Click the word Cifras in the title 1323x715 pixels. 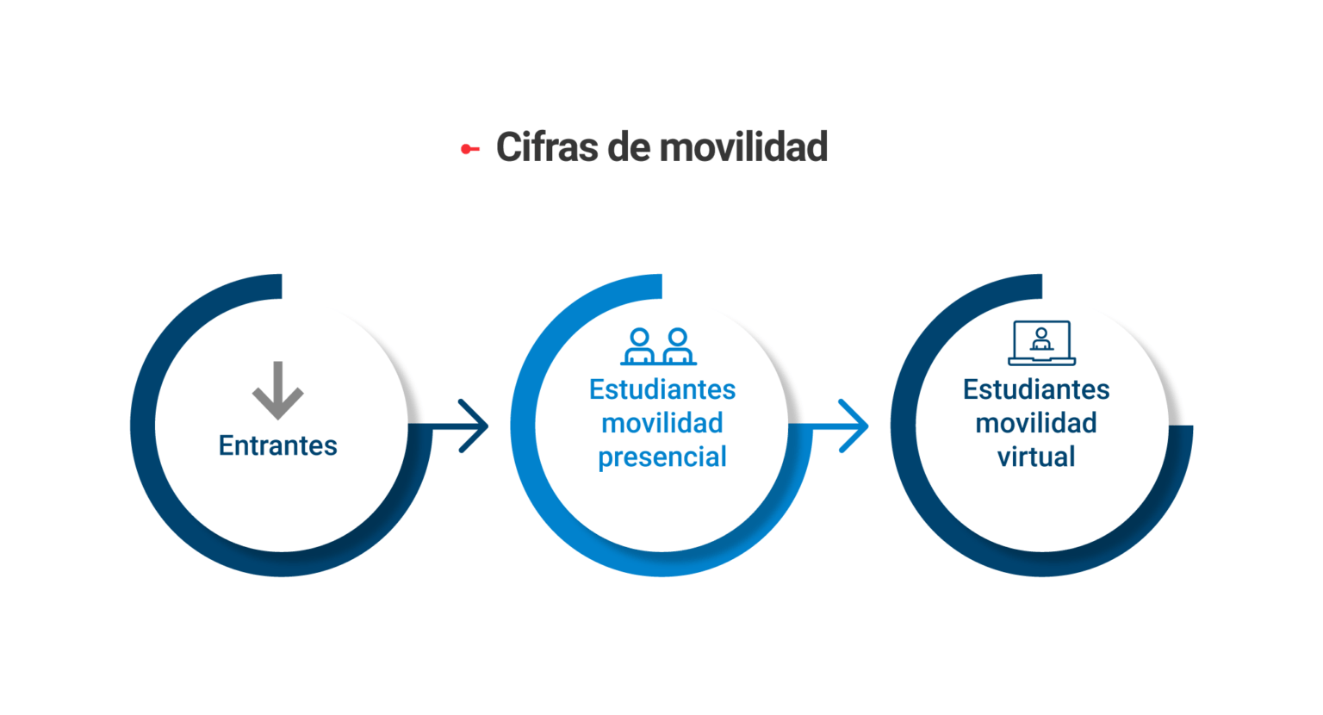point(546,146)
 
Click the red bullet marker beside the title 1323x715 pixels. point(470,149)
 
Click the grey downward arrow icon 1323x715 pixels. point(277,390)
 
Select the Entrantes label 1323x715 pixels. point(277,445)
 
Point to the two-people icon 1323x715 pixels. point(659,347)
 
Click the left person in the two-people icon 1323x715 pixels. point(640,347)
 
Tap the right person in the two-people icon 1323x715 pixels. point(678,347)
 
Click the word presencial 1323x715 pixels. point(662,457)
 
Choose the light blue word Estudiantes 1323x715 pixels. point(662,390)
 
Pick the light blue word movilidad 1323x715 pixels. point(662,423)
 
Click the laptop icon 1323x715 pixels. point(1042,344)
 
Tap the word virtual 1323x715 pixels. point(1036,457)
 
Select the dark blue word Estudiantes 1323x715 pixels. point(1036,390)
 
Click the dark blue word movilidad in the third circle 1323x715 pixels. point(1036,423)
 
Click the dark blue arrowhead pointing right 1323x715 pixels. point(474,426)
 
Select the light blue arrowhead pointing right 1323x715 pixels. point(854,426)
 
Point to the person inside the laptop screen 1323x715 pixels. point(1041,339)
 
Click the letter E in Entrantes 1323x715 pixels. point(226,445)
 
